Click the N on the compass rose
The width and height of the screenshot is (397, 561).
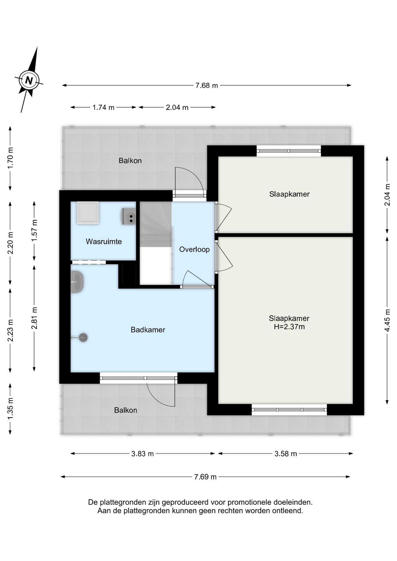(x=29, y=80)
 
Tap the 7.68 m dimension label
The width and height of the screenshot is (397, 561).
(x=207, y=86)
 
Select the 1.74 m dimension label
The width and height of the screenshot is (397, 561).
(x=103, y=108)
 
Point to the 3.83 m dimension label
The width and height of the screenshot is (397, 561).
(x=142, y=454)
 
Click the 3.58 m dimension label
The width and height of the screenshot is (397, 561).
(x=286, y=454)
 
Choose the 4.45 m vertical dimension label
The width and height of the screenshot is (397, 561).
(x=387, y=320)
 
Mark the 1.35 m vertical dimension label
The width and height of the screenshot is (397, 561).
(x=10, y=408)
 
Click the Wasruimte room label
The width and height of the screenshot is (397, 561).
(x=104, y=242)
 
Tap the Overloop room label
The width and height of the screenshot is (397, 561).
(x=194, y=250)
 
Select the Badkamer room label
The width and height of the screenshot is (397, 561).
(x=148, y=330)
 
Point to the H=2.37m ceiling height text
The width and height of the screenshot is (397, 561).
(x=289, y=327)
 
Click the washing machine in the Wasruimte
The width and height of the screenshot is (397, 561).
(x=88, y=213)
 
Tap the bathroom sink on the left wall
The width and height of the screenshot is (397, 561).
(x=77, y=282)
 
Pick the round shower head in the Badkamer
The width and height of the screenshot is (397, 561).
(x=83, y=338)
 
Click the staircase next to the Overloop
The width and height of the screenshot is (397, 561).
(x=156, y=243)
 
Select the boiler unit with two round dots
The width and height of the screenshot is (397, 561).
(x=129, y=216)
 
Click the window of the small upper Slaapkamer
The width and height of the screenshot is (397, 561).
(x=289, y=151)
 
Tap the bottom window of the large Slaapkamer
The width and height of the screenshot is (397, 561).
(x=289, y=410)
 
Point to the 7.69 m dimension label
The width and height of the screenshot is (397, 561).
(x=206, y=477)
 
